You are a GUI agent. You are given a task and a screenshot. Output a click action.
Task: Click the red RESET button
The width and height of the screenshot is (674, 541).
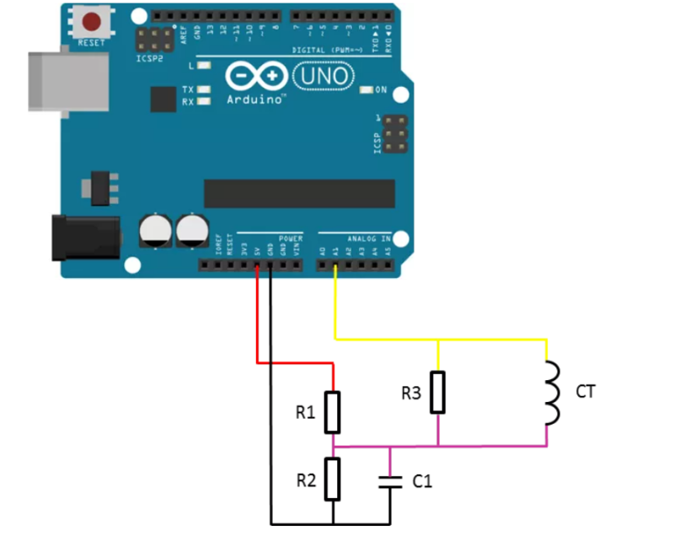(x=92, y=23)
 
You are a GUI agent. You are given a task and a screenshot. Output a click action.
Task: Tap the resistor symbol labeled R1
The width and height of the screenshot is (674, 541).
(x=334, y=412)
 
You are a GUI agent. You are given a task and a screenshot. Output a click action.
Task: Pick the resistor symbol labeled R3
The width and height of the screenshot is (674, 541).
(x=437, y=392)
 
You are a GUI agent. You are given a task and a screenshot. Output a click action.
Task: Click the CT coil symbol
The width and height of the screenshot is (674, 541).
(x=551, y=394)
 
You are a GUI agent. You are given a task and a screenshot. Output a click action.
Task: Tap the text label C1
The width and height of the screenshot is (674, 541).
(x=422, y=481)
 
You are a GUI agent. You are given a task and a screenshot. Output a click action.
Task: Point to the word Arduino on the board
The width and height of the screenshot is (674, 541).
(x=254, y=99)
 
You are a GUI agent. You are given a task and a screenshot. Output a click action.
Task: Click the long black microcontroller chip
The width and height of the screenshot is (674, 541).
(x=299, y=193)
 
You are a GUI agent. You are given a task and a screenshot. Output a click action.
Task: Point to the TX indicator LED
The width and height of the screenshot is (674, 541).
(x=202, y=89)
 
